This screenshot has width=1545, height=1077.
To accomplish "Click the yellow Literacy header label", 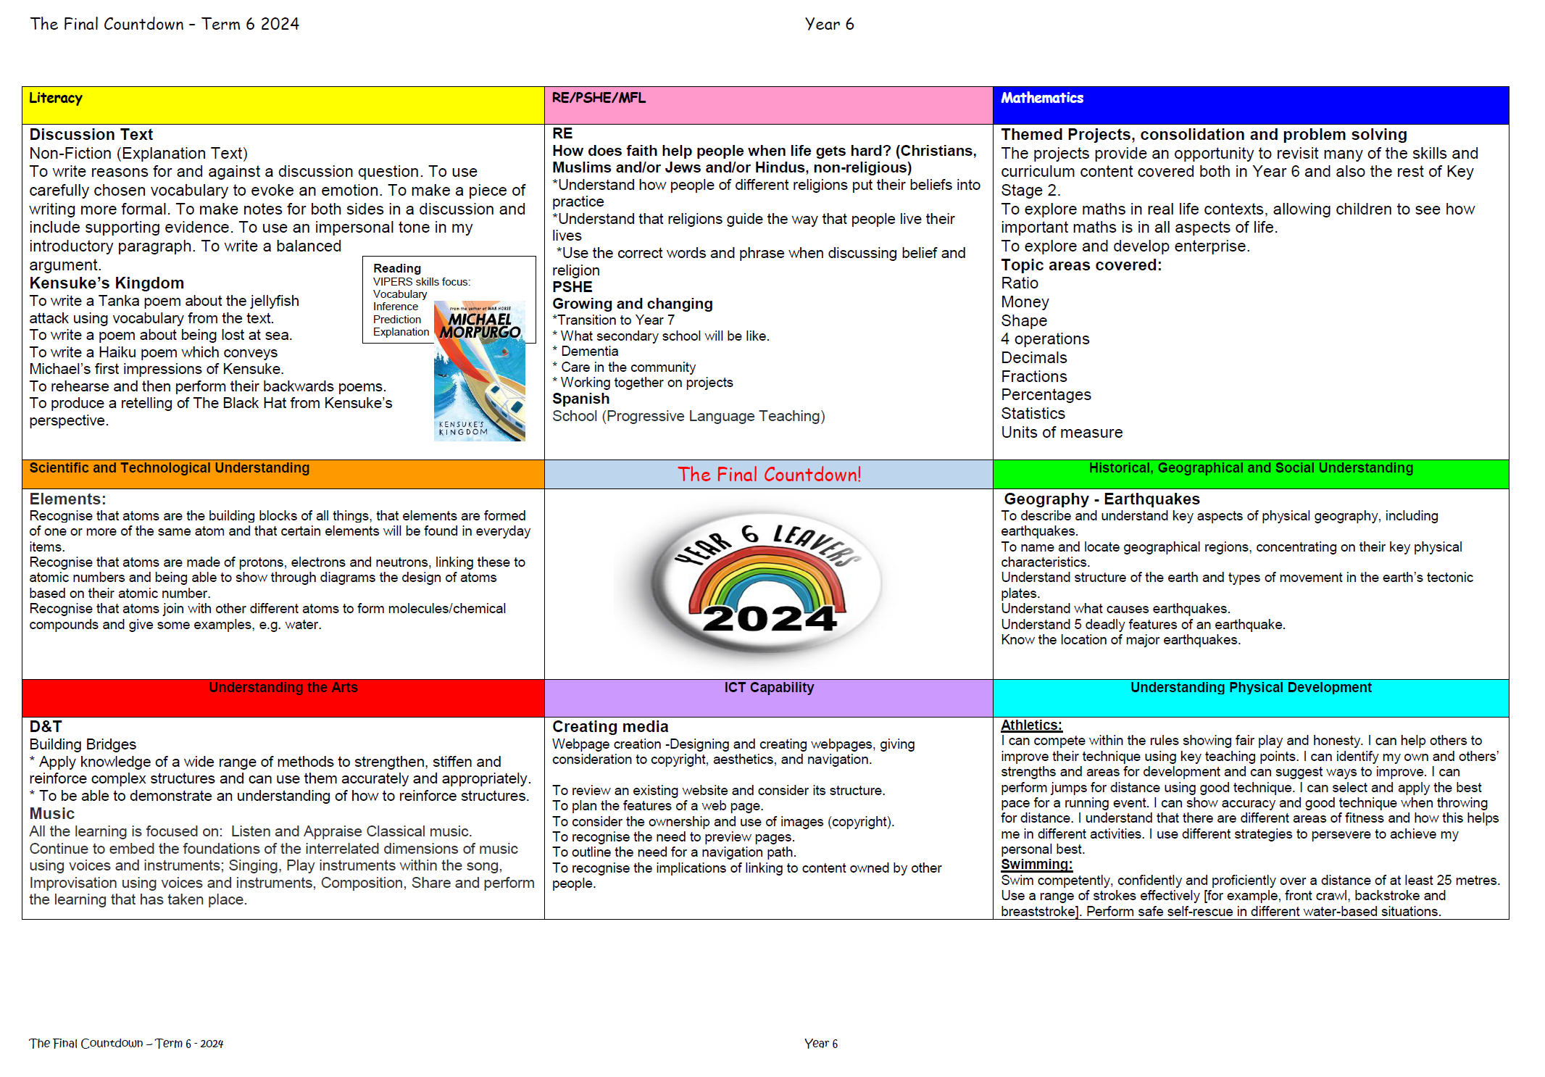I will point(56,99).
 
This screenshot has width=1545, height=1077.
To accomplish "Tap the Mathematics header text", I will point(1041,99).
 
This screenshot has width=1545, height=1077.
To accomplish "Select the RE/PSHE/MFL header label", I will point(598,99).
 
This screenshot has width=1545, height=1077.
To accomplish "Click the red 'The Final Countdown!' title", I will point(769,475).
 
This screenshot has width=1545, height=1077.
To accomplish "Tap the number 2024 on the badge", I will point(769,619).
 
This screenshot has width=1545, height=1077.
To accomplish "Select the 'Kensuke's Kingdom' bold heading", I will point(107,283).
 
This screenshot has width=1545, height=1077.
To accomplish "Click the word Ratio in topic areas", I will point(1019,283).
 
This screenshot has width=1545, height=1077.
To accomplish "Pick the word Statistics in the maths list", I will point(1033,414).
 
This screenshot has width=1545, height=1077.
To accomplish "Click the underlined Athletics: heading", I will point(1030,725).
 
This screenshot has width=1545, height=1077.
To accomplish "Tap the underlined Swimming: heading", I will point(1036,865).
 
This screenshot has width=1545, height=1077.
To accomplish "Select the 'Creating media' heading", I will point(609,727).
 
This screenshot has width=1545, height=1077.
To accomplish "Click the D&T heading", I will point(46,727).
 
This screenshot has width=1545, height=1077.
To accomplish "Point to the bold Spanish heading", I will point(580,399).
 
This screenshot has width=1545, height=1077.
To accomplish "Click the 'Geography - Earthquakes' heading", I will point(1101,499).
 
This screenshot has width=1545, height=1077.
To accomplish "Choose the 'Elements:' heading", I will point(67,499).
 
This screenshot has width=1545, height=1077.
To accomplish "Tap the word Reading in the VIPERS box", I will point(396,269).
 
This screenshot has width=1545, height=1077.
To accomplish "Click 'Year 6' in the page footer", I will point(820,1044).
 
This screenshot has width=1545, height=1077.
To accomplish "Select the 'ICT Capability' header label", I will point(768,688).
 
